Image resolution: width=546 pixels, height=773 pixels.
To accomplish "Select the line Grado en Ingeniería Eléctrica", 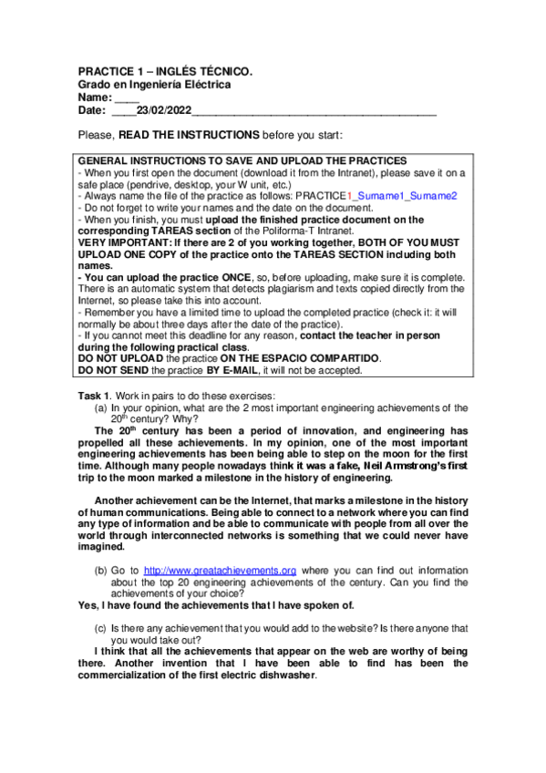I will pos(154,85).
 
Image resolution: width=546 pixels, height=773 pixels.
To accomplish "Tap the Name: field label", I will pos(96,98).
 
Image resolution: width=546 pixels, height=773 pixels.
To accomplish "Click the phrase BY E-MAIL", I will pos(232,371).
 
